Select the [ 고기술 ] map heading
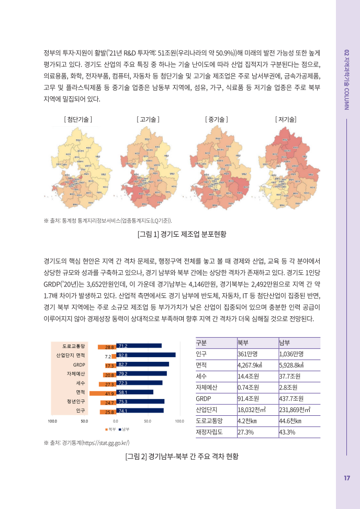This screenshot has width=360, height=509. (148, 119)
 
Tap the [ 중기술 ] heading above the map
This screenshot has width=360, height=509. (217, 119)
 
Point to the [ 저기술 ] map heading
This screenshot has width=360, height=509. (285, 119)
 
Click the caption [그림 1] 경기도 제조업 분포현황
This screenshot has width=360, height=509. (181, 234)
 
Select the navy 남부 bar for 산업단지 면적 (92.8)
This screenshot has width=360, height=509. (145, 355)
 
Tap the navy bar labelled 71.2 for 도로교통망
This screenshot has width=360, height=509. (139, 346)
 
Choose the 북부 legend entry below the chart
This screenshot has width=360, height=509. (110, 429)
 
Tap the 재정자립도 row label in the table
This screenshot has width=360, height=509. (209, 432)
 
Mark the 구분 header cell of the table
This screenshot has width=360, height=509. (201, 342)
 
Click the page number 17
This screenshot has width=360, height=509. (347, 478)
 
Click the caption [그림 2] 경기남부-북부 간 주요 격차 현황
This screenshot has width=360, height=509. (181, 457)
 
